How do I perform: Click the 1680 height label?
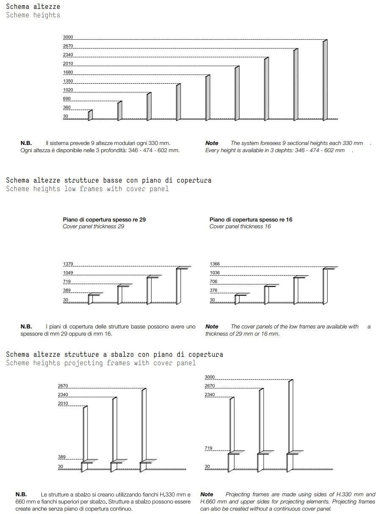68,72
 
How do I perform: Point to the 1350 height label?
68,81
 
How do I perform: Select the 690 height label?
66,99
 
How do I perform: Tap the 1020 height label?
68,90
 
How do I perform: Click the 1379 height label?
68,264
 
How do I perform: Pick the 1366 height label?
215,264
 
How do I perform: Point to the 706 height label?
213,282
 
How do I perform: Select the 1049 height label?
68,273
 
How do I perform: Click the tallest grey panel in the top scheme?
325,80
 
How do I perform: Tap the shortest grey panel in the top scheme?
90,115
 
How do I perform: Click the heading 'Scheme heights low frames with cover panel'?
87,189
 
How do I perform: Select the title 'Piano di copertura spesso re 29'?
104,220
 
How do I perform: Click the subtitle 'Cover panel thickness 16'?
240,227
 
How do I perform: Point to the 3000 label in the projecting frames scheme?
209,377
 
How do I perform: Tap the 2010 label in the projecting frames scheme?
63,404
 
